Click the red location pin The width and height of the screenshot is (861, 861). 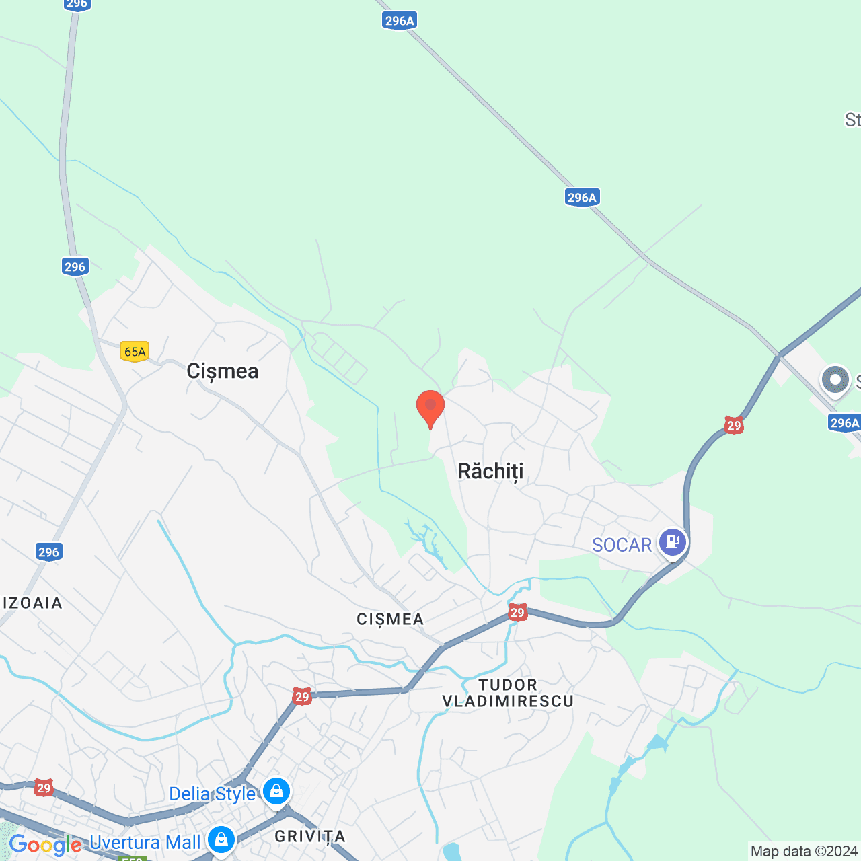coord(430,408)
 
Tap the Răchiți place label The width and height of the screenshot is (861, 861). coord(490,471)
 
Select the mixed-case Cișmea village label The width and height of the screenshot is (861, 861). coord(222,371)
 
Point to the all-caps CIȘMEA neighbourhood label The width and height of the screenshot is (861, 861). coord(390,619)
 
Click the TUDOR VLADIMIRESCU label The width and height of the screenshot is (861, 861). coord(508,693)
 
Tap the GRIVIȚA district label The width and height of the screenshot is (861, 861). coord(310,836)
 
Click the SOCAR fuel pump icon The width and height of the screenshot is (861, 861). coord(673,541)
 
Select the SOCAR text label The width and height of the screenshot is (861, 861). coord(622,545)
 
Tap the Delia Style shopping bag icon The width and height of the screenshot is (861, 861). coord(276,792)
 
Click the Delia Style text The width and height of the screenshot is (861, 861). coord(212,794)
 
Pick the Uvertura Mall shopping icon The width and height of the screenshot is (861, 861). coord(221,839)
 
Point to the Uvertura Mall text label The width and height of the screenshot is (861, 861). coord(145,842)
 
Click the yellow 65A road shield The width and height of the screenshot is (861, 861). coord(135,351)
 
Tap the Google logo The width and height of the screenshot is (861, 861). coord(45,845)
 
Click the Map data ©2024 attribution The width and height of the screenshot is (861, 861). coord(804,851)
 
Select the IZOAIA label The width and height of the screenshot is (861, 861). coord(32,603)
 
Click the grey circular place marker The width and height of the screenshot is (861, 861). coord(835,380)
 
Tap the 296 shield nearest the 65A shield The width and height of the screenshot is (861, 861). coord(75,266)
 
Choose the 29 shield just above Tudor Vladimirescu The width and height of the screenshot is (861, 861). coord(517,612)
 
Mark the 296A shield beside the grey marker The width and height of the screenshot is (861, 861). coord(844,422)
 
